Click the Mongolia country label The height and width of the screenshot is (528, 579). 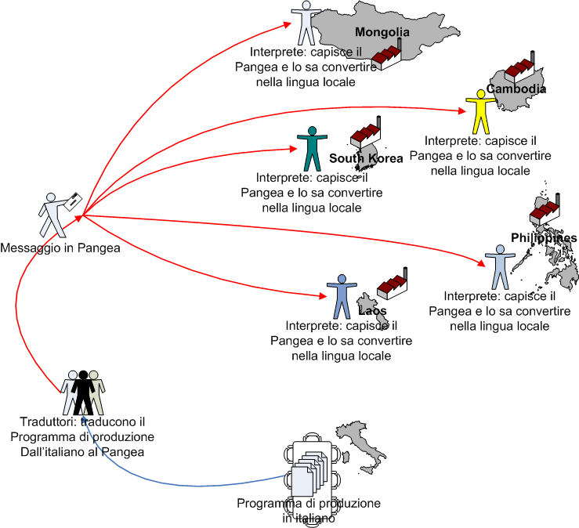click(x=382, y=32)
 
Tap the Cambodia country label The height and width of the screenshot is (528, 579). click(x=516, y=89)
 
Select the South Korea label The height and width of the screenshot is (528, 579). click(x=365, y=158)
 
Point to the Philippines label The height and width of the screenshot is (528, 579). click(x=543, y=238)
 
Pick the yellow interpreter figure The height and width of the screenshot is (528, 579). click(x=476, y=112)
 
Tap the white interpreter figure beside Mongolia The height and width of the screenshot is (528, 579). click(x=302, y=24)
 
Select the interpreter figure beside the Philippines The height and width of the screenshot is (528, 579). click(x=497, y=266)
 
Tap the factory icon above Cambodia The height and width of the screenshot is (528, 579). click(x=520, y=68)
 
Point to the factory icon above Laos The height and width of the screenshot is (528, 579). click(x=392, y=285)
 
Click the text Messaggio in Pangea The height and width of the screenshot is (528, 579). click(x=60, y=248)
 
